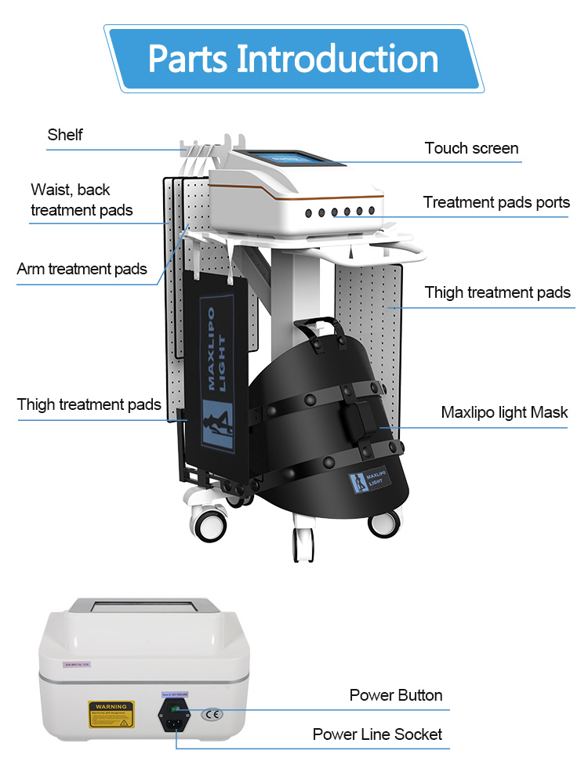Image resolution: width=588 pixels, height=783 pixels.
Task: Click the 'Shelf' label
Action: pyautogui.click(x=65, y=135)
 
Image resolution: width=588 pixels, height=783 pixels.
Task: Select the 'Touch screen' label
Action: pyautogui.click(x=471, y=148)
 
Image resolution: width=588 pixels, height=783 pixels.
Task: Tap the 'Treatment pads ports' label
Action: pyautogui.click(x=496, y=202)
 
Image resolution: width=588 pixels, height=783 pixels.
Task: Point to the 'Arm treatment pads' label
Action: pyautogui.click(x=82, y=269)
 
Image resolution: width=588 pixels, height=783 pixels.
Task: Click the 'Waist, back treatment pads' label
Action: pyautogui.click(x=81, y=200)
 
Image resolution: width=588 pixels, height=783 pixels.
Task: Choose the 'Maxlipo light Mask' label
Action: pyautogui.click(x=504, y=412)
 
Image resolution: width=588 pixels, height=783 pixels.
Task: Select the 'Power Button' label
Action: pyautogui.click(x=395, y=695)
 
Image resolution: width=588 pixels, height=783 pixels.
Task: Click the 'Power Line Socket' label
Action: pyautogui.click(x=377, y=734)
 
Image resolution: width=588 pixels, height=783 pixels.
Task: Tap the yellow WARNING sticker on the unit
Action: pyautogui.click(x=111, y=714)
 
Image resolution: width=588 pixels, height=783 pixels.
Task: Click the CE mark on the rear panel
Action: pyautogui.click(x=212, y=714)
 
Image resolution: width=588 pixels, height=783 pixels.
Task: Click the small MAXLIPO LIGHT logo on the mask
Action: pyautogui.click(x=368, y=480)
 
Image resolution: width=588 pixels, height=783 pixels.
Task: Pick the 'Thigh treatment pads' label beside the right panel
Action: pyautogui.click(x=497, y=292)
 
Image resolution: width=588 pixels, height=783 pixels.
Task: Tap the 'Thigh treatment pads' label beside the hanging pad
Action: pyautogui.click(x=89, y=404)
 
